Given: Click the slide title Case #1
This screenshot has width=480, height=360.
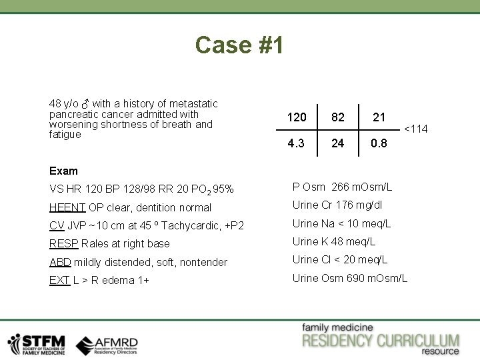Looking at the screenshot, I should tap(239, 45).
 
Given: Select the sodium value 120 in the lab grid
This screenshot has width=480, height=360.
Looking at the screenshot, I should tap(297, 117).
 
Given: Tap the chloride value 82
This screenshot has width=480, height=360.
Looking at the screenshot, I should tap(338, 117).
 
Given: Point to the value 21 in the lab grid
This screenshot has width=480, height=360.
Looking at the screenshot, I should tap(379, 117).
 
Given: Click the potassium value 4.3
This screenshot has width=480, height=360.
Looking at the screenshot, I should tap(297, 143).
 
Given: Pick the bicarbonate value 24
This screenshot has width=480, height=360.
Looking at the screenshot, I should tap(338, 143).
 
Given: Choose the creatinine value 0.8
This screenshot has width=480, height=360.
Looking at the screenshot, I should tap(379, 143).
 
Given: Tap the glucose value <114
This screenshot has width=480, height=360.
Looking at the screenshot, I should tap(416, 129).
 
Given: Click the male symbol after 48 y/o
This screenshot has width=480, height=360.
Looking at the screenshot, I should tap(85, 104).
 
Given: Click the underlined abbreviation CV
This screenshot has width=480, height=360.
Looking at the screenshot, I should tap(57, 225).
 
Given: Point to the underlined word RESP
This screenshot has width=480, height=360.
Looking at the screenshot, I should tap(63, 244).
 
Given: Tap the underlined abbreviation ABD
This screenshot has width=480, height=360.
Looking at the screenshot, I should tap(60, 262).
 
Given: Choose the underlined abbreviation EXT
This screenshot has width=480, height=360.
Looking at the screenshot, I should tap(59, 281).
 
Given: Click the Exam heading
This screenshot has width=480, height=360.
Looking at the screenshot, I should tap(63, 171).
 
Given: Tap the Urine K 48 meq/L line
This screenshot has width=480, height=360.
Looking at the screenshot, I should tap(334, 241).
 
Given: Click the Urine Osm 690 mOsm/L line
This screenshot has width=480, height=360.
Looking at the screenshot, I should tap(350, 278).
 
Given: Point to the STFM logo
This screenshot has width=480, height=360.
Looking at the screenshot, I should tap(37, 343).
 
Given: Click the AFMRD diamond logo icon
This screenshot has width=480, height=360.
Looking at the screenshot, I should tap(85, 345).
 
